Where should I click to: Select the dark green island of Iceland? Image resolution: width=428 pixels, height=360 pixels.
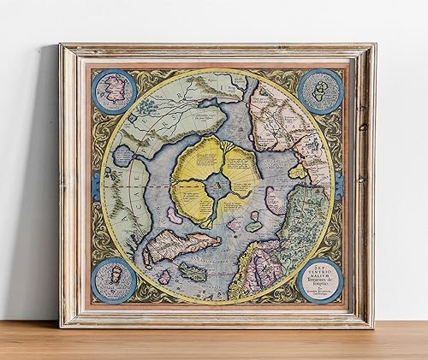tap(193, 274)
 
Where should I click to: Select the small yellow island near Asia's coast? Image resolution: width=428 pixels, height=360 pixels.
tap(296, 170)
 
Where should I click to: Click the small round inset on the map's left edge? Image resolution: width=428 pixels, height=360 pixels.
tap(122, 156)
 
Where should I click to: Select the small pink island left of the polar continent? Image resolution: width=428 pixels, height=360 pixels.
tap(174, 216)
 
